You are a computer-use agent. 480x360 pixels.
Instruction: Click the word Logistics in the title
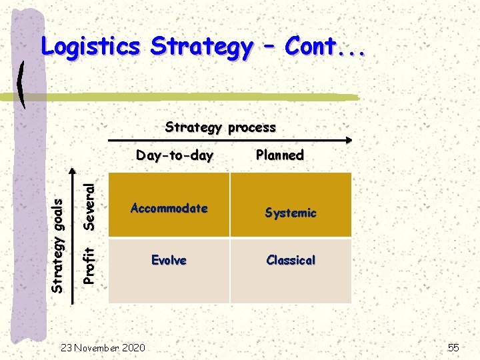(x=90, y=47)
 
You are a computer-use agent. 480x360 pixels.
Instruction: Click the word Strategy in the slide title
(x=201, y=47)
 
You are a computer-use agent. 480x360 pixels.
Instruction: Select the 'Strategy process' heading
(x=220, y=127)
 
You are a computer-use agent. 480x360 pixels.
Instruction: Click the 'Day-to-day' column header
(x=174, y=155)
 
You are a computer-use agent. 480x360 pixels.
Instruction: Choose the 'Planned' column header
(x=279, y=155)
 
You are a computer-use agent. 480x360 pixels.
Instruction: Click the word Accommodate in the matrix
(x=169, y=208)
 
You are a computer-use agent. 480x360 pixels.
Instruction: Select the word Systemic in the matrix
(x=290, y=213)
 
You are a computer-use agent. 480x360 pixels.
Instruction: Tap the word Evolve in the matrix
(x=169, y=260)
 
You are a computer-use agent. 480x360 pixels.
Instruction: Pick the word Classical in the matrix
(x=290, y=260)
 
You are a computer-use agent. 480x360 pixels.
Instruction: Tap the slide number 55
(x=453, y=347)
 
